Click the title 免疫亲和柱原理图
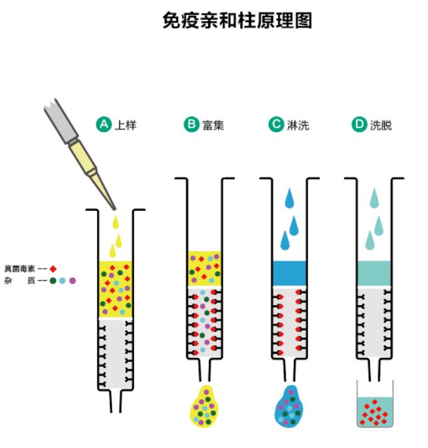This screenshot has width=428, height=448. coord(237,21)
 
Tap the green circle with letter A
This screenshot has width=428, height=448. coord(104,125)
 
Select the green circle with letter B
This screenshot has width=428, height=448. coord(191,125)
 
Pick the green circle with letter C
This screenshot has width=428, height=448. coord(276,125)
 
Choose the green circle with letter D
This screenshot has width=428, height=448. coord(359,125)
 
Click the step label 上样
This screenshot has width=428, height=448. coord(125,125)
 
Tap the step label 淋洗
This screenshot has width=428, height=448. coord(297,125)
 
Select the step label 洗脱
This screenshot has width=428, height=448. coord(381,125)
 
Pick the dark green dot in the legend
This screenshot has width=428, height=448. coord(53,281)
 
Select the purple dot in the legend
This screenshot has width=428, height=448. coord(72,281)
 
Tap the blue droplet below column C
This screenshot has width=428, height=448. coord(291,406)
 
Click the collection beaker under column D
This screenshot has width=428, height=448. coord(374,406)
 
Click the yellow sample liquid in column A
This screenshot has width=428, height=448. coord(115,288)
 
